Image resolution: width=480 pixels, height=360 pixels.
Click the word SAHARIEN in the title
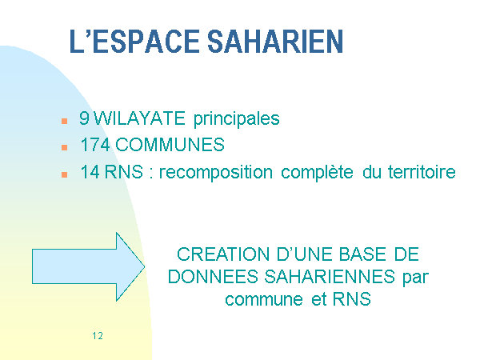(x=275, y=42)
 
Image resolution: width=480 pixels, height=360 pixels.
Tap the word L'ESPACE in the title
(x=134, y=42)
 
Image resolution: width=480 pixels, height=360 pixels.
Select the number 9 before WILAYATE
(x=84, y=118)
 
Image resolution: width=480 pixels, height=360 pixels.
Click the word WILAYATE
(x=139, y=118)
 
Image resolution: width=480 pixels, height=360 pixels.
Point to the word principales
(x=237, y=118)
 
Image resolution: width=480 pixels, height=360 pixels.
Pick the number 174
(x=95, y=145)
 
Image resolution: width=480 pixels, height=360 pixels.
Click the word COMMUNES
(x=170, y=145)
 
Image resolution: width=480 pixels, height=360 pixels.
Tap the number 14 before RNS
(x=90, y=172)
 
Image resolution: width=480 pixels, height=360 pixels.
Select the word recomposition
(x=216, y=173)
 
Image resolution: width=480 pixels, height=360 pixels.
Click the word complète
(x=317, y=173)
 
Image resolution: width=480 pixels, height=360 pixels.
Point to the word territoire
(x=422, y=172)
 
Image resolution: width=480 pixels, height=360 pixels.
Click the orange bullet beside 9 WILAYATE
(x=64, y=121)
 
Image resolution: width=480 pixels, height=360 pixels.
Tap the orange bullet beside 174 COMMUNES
(x=64, y=147)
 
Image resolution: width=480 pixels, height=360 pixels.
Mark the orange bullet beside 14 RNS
(x=64, y=174)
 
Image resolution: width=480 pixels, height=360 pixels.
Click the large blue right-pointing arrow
(x=88, y=266)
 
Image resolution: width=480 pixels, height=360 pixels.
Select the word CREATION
(x=223, y=254)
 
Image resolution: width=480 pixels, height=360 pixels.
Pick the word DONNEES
(x=213, y=277)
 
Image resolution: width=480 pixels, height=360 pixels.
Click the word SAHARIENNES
(x=330, y=277)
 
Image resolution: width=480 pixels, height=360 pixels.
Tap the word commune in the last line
(x=264, y=299)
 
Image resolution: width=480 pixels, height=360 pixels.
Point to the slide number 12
(x=98, y=336)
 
